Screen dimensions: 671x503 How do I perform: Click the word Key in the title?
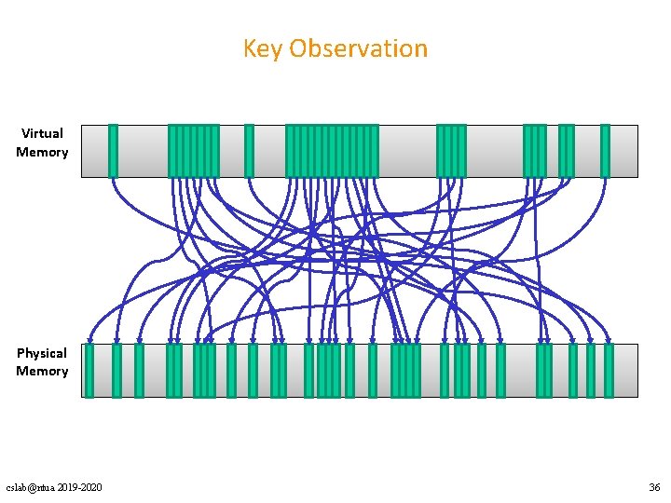[262, 48]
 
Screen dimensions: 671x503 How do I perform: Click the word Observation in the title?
[358, 48]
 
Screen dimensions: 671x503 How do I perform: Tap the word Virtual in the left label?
[42, 133]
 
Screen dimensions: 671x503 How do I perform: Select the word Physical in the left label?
[42, 353]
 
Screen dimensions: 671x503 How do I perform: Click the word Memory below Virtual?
[42, 152]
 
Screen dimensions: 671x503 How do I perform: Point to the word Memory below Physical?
[42, 371]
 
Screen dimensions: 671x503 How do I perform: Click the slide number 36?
[653, 488]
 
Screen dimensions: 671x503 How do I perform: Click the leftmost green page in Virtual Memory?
[113, 151]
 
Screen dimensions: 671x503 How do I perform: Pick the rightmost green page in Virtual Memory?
[605, 151]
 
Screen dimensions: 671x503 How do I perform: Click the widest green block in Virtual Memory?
[332, 151]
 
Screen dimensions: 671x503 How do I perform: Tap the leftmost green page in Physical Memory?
[89, 371]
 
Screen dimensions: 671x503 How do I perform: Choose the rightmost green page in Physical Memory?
[609, 371]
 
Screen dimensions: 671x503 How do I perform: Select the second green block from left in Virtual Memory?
[193, 151]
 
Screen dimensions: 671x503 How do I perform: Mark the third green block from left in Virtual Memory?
[249, 151]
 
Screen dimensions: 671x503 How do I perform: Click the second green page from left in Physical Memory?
[116, 371]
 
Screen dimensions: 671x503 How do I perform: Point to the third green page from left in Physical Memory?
[139, 371]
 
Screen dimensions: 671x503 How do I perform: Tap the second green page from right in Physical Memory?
[590, 371]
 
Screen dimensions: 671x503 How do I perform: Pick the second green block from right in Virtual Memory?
[566, 151]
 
